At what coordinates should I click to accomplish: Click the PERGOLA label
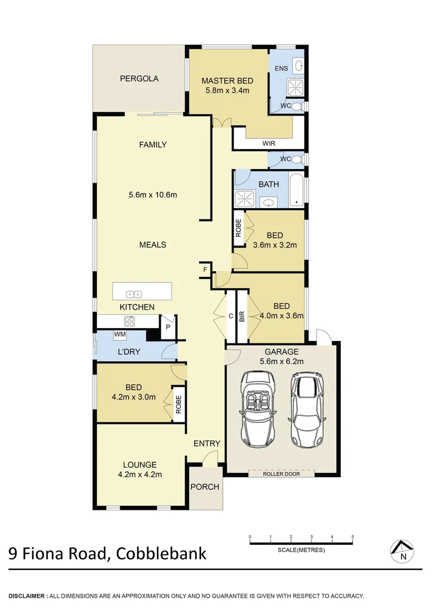tap(139, 79)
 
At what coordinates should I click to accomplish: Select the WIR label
tap(269, 144)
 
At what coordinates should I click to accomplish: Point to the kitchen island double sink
tap(134, 294)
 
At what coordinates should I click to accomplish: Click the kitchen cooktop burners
tap(129, 321)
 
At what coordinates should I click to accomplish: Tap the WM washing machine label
tap(120, 335)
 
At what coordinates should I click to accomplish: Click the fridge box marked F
tap(205, 270)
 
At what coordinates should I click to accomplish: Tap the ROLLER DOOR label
tap(281, 474)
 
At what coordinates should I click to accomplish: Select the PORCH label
tap(204, 487)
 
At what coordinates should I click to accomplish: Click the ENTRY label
tap(206, 444)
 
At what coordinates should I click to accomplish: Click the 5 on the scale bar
tap(353, 537)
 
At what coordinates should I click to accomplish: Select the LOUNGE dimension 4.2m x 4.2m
tap(139, 474)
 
